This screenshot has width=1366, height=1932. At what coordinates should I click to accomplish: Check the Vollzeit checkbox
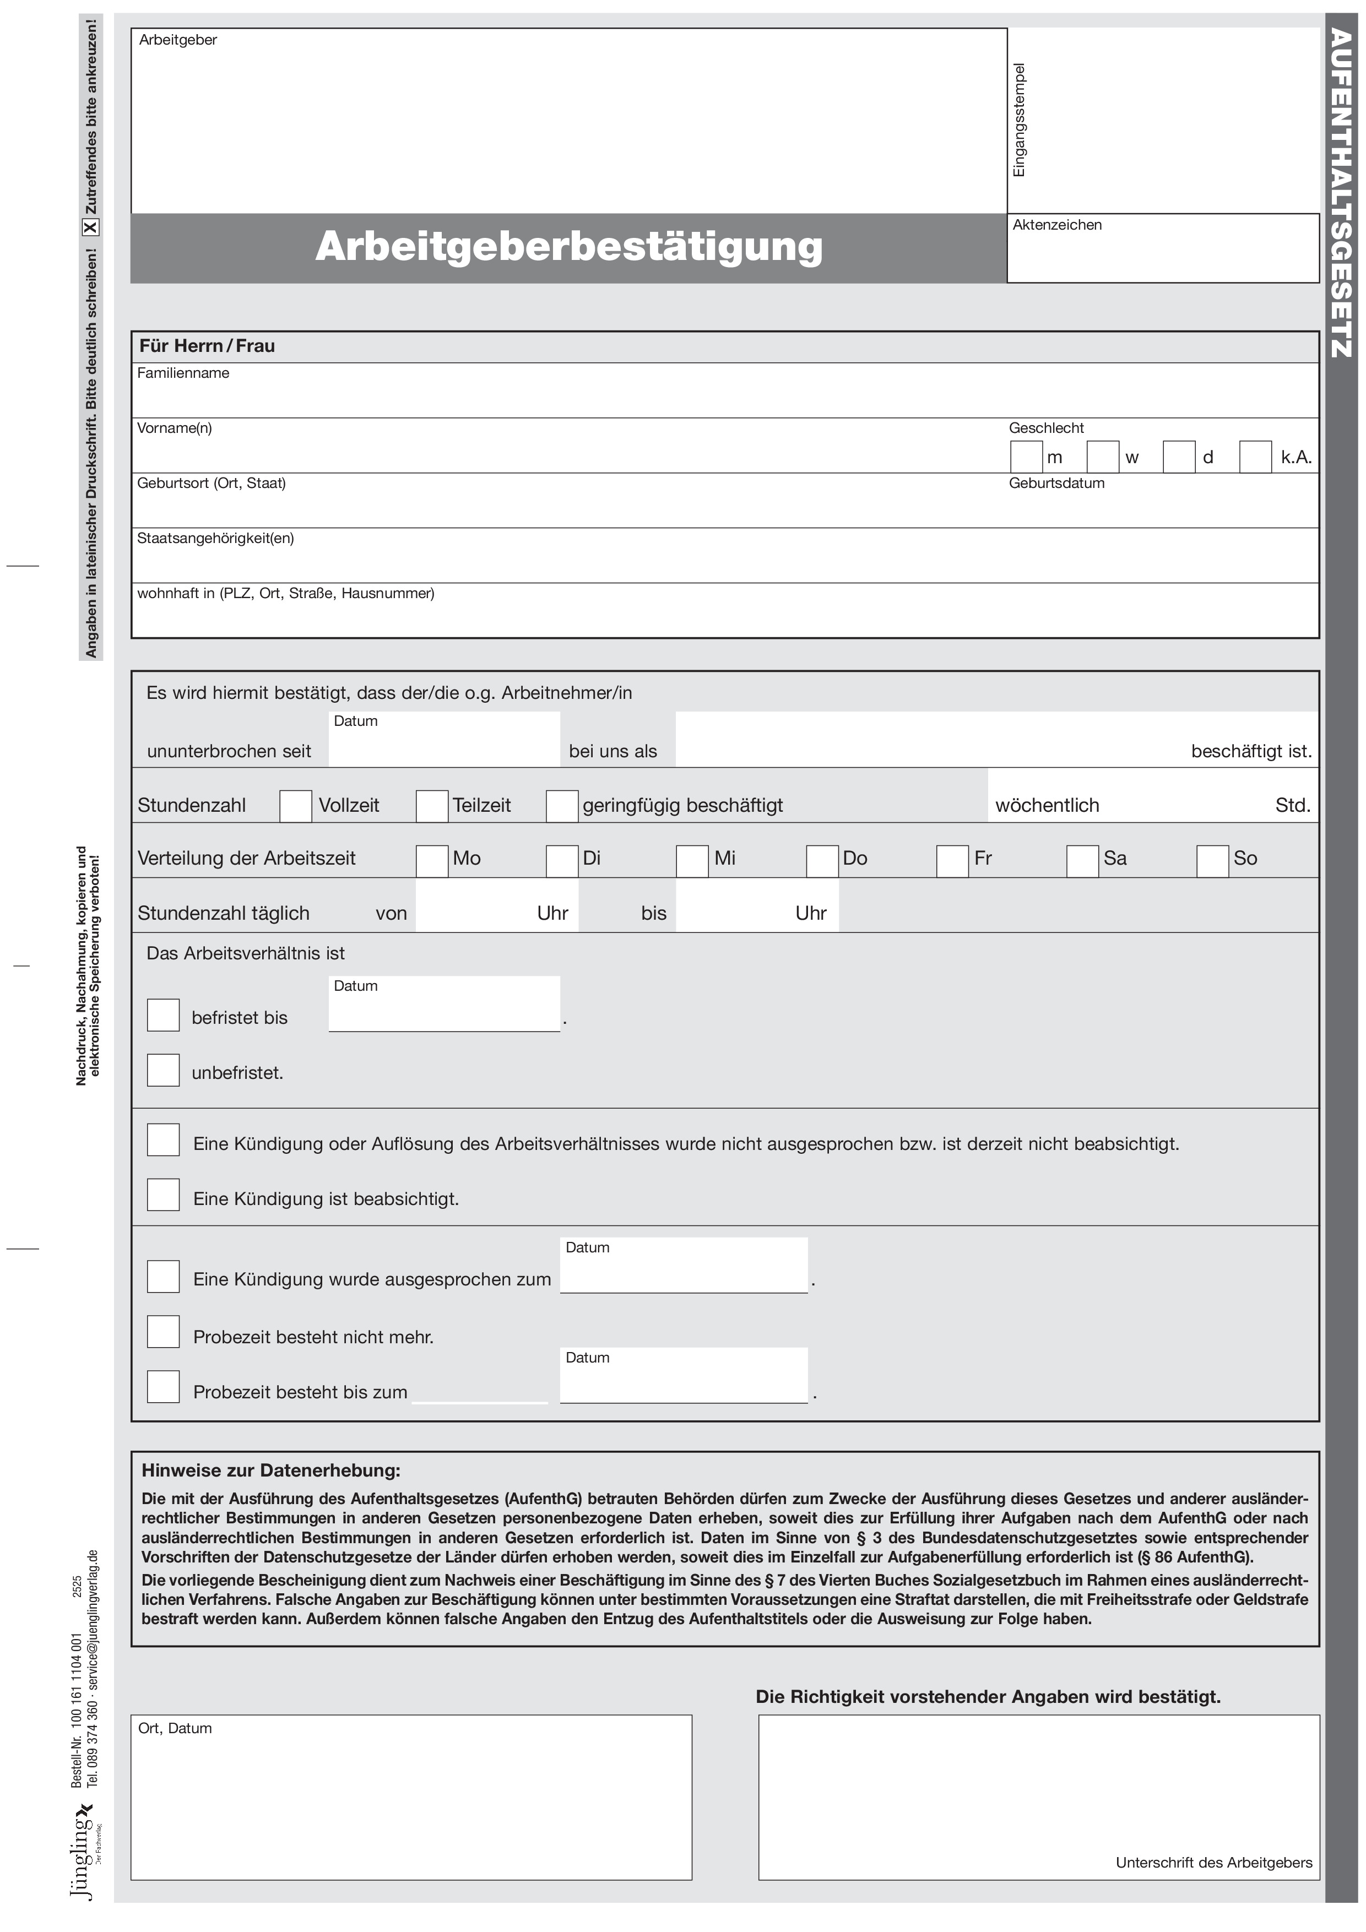point(295,806)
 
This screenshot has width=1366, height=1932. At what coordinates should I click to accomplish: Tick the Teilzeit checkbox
point(432,806)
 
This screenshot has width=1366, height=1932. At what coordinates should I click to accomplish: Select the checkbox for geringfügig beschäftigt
point(562,806)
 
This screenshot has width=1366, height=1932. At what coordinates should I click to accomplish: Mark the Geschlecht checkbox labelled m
point(1026,457)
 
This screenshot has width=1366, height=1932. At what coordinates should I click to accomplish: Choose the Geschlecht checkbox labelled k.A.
point(1255,457)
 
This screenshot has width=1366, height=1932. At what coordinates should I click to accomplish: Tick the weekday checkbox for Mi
point(692,861)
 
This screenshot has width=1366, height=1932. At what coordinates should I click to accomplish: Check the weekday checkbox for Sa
point(1082,861)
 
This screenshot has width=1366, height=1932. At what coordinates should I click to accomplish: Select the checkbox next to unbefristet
point(163,1070)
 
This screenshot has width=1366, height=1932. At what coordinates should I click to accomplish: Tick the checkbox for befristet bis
point(163,1015)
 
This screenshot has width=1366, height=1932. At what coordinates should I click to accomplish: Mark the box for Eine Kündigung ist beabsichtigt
point(163,1195)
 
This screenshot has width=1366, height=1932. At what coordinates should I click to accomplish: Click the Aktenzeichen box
point(1162,254)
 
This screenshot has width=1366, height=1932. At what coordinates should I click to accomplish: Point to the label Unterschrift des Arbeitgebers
point(1213,1863)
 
